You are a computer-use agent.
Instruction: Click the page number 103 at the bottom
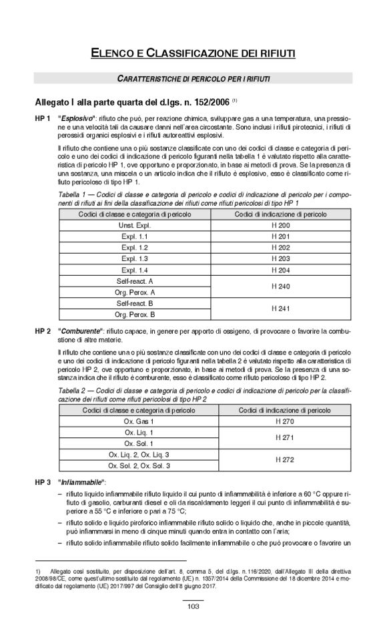pos(193,606)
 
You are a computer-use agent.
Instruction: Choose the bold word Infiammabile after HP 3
pos(82,481)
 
